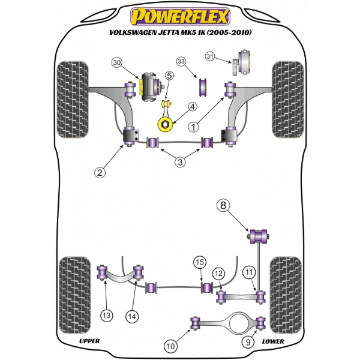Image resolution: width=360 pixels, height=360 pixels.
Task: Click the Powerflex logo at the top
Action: click(x=180, y=17)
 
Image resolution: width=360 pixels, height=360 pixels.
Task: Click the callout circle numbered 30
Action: click(x=117, y=62)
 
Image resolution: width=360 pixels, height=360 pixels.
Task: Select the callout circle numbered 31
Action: click(x=210, y=56)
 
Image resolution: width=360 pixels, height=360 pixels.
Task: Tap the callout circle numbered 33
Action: click(x=181, y=61)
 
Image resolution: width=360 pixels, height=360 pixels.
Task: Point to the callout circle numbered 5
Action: click(x=169, y=76)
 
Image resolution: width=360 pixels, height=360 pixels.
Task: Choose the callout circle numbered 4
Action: click(x=193, y=107)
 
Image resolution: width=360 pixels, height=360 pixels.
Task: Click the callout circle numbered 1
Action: click(x=193, y=127)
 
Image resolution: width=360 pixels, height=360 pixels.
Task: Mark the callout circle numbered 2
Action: click(x=100, y=172)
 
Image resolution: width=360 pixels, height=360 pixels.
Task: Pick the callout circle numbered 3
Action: click(x=180, y=162)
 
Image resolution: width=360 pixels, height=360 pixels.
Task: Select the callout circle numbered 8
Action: click(x=223, y=205)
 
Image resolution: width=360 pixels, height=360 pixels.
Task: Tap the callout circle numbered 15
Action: click(x=200, y=262)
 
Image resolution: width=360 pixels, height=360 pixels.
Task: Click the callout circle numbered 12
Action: click(x=218, y=274)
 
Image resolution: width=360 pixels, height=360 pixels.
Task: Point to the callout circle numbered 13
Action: click(x=107, y=316)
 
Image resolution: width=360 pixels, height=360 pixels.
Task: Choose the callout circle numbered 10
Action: click(x=170, y=346)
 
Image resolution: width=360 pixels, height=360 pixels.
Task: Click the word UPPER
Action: click(x=89, y=341)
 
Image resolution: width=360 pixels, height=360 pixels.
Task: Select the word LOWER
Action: click(x=273, y=341)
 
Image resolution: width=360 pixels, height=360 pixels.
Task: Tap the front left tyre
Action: click(x=73, y=100)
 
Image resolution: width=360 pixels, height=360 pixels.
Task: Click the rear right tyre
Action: click(x=286, y=295)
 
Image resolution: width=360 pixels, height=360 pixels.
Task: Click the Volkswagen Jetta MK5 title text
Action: click(x=181, y=32)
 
